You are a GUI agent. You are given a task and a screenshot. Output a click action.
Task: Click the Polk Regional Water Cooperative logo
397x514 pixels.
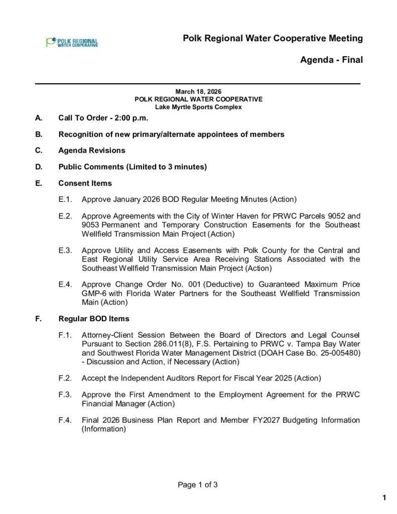(x=72, y=42)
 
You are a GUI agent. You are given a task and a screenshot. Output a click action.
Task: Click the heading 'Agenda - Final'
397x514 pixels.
(x=331, y=60)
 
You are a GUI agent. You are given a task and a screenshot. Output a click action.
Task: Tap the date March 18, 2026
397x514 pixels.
(x=198, y=92)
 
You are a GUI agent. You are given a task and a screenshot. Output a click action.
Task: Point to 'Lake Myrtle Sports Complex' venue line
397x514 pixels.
(x=198, y=107)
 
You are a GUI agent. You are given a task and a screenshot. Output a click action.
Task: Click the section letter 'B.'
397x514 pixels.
(x=39, y=135)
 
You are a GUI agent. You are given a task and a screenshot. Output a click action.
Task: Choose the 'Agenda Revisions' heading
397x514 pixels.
(x=92, y=151)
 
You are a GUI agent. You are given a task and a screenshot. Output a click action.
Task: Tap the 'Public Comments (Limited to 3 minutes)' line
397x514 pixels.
(x=133, y=167)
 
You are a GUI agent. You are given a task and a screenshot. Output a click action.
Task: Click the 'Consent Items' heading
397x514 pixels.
(x=85, y=183)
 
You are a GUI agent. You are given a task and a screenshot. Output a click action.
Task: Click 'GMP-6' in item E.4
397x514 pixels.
(x=93, y=293)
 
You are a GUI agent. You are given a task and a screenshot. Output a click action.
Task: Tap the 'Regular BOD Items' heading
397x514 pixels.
(x=94, y=319)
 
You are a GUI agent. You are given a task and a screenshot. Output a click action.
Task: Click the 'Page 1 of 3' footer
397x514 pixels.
(x=198, y=485)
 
